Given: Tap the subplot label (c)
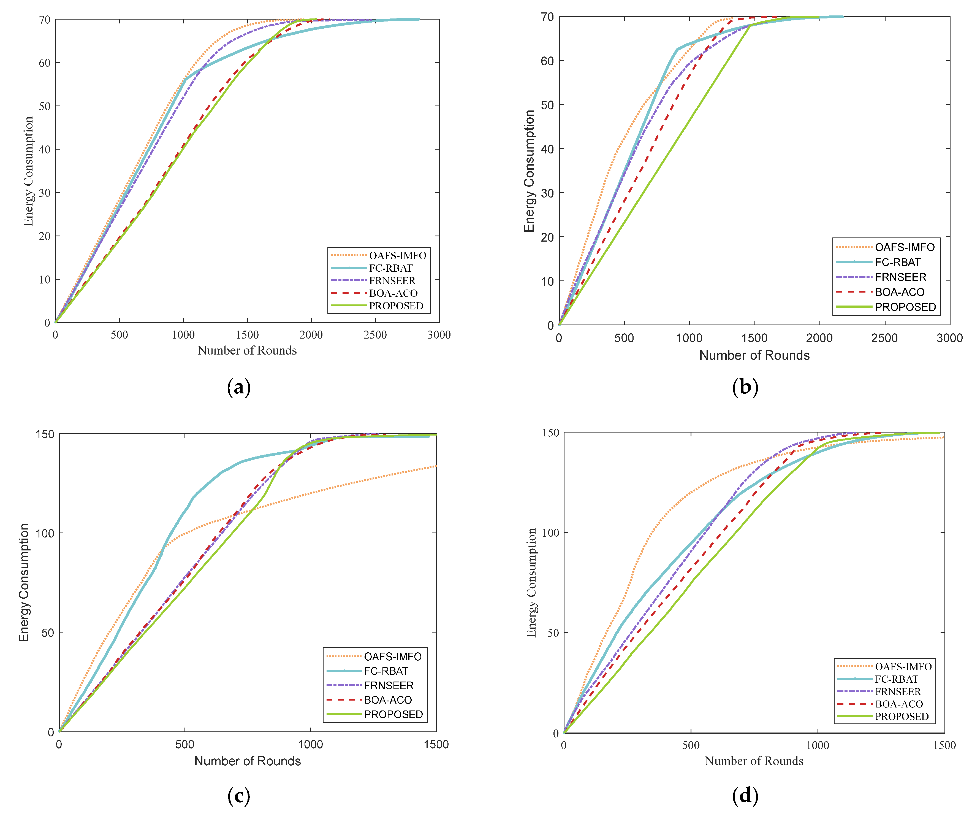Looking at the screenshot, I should click(x=239, y=796).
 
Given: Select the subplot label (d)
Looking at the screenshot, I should click(x=745, y=796).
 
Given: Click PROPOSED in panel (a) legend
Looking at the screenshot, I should click(x=396, y=306).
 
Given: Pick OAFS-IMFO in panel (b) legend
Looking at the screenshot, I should click(x=905, y=247).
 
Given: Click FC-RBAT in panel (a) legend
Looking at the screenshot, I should click(x=391, y=268).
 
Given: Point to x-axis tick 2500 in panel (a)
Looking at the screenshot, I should click(x=375, y=335).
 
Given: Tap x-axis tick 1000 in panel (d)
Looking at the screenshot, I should click(x=818, y=745).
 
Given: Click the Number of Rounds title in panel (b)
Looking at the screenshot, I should click(x=754, y=355).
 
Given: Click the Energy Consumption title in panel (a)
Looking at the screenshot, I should click(x=28, y=171).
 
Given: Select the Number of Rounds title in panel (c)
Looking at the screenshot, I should click(x=248, y=761).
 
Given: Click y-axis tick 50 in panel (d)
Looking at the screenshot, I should click(x=553, y=633).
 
